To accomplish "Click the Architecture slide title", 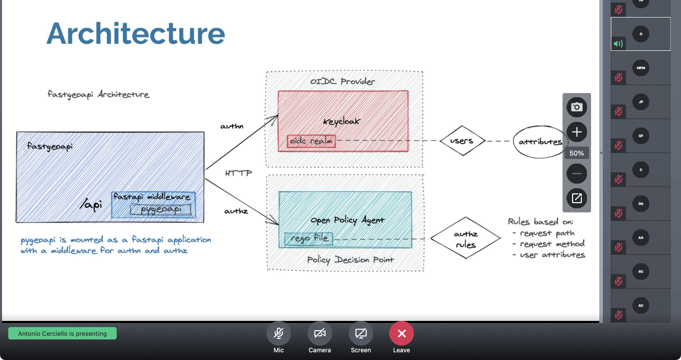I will (x=136, y=33).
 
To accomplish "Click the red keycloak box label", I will (x=342, y=121).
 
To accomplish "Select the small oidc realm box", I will (x=311, y=141).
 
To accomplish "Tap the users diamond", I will (x=462, y=140).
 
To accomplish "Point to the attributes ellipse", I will (x=540, y=141).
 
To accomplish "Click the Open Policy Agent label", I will (x=347, y=220).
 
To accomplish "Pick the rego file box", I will (x=309, y=239).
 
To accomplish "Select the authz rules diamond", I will (x=465, y=239).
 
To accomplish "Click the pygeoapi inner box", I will (x=161, y=209).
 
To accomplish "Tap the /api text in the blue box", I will (x=91, y=205).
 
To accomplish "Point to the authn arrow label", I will (x=232, y=126).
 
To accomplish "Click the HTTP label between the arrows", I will (x=238, y=173).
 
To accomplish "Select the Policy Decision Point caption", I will (x=351, y=260).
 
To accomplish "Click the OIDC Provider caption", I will (x=343, y=81).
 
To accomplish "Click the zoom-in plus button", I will (x=577, y=132).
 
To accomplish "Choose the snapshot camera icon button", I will (x=577, y=107).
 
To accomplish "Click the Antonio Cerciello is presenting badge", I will (x=62, y=334).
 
